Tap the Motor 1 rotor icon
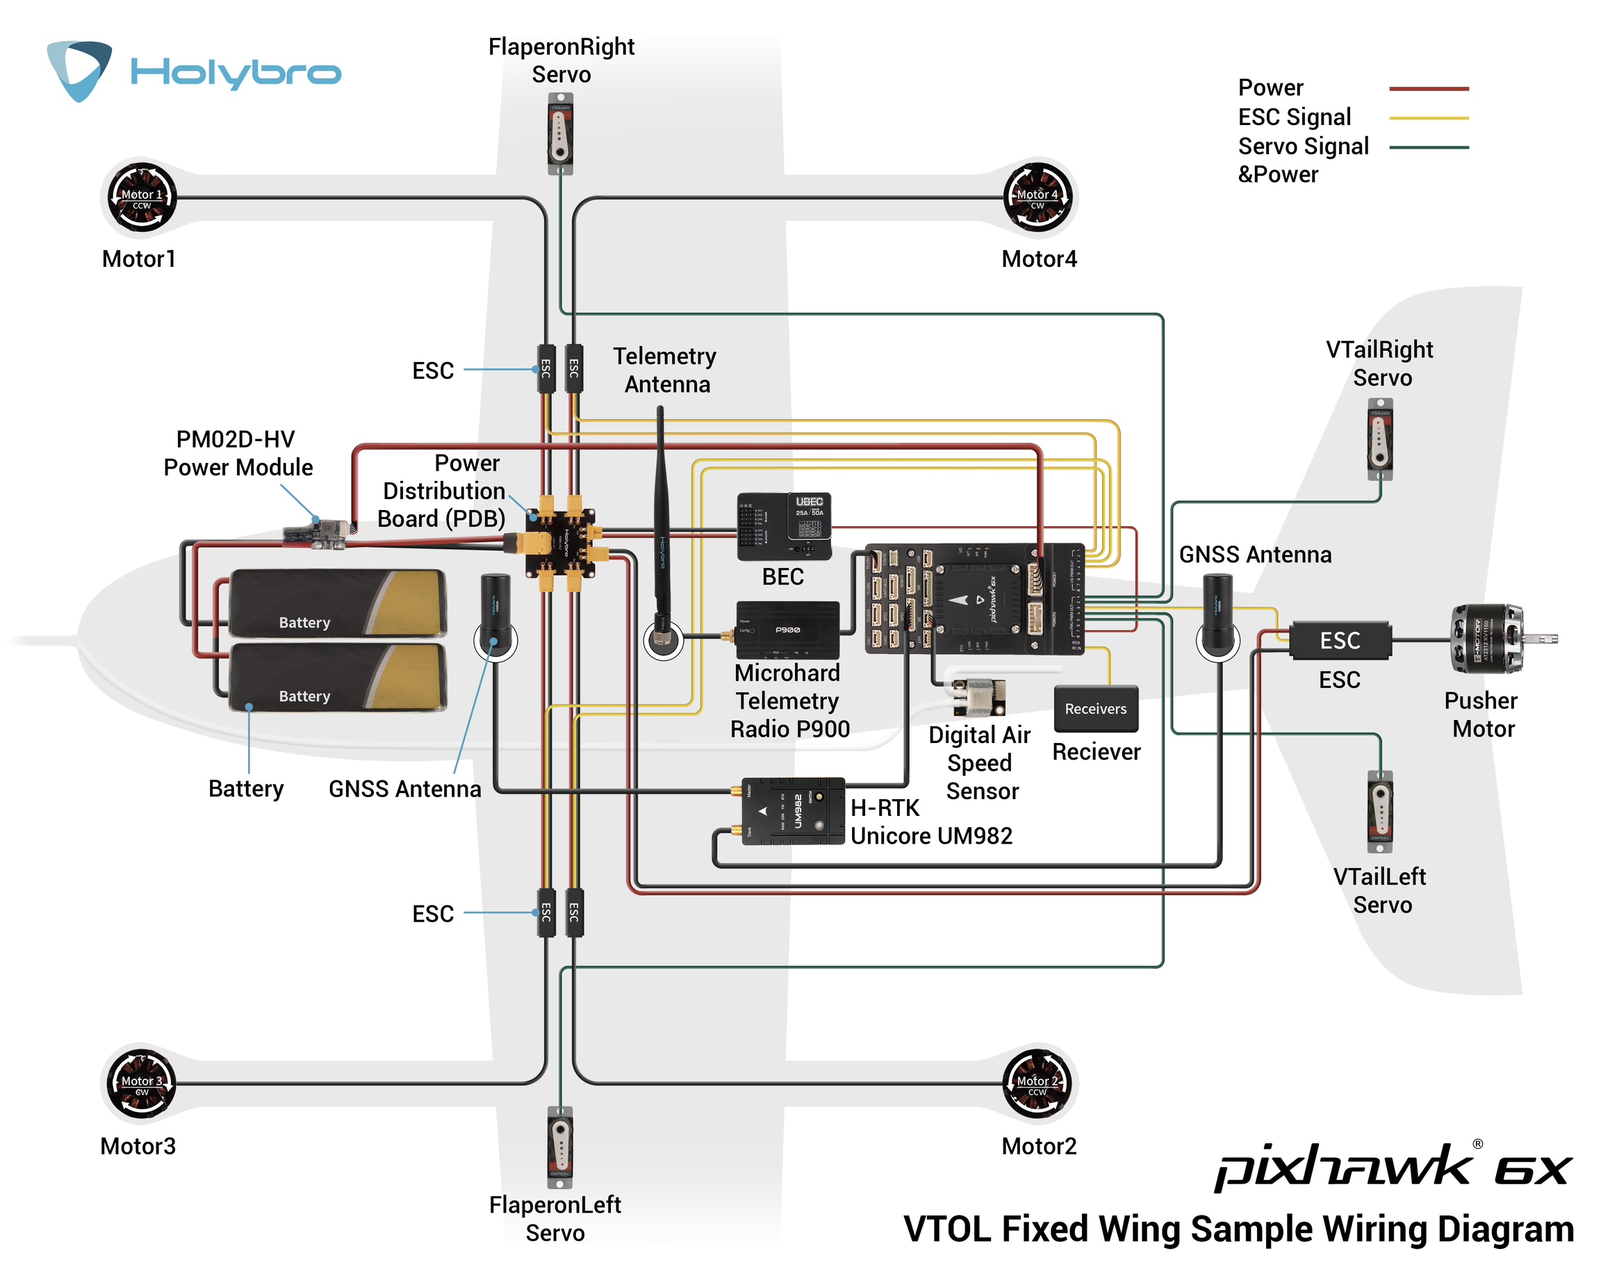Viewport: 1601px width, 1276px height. point(142,197)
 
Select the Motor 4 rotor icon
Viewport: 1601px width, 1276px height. point(1037,197)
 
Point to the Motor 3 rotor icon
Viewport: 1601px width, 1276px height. point(142,1083)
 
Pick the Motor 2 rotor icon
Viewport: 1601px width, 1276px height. point(1037,1083)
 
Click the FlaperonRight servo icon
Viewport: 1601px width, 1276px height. point(561,133)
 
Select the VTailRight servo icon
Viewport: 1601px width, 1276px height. point(1380,440)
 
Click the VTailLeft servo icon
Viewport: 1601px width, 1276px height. point(1380,811)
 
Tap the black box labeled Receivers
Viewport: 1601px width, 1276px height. point(1095,709)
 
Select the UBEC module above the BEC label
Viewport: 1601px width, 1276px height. point(783,526)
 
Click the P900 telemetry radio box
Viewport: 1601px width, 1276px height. point(787,630)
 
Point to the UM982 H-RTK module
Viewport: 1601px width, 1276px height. point(793,811)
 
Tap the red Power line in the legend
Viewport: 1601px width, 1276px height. point(1428,88)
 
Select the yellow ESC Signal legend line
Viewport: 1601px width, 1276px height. point(1428,117)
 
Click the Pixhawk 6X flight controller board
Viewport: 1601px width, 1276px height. point(974,598)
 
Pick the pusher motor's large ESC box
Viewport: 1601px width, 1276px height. point(1340,640)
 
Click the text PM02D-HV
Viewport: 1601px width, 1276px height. point(236,439)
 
